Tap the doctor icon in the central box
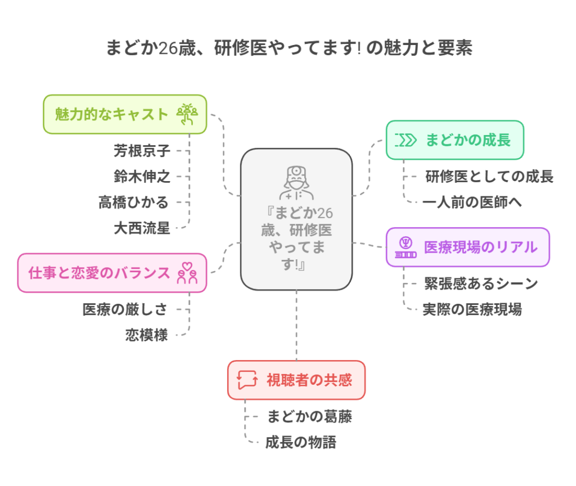click(296, 184)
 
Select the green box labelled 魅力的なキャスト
click(125, 114)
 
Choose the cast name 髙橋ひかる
click(134, 202)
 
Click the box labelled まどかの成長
click(454, 140)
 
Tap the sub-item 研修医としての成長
click(489, 177)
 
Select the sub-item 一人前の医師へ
click(472, 202)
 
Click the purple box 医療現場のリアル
click(467, 247)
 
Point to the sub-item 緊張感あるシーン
click(481, 283)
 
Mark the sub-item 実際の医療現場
click(472, 309)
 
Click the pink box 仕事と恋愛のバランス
click(112, 273)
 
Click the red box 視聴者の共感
click(296, 380)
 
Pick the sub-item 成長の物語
click(300, 443)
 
